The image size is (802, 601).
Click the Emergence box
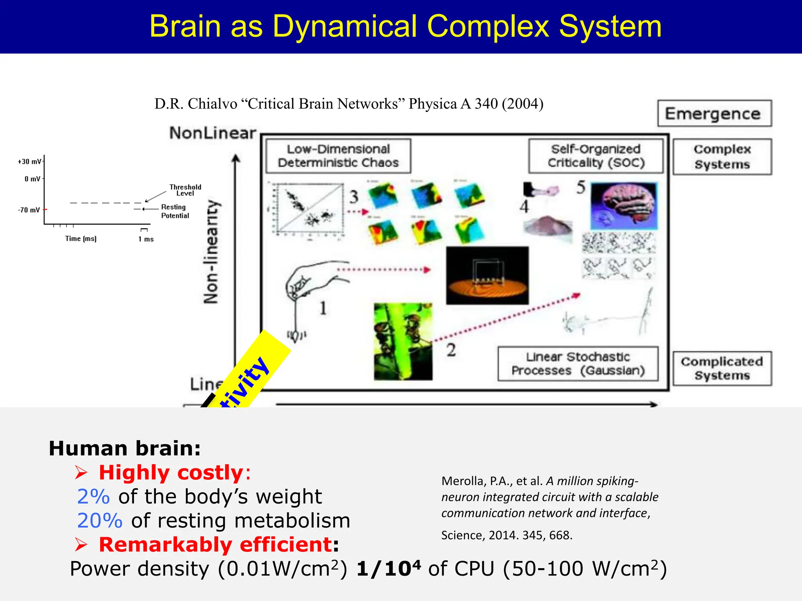[714, 113]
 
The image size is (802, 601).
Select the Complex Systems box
[722, 157]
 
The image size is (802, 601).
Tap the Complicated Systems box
[722, 368]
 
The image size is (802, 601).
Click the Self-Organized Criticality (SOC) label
[596, 156]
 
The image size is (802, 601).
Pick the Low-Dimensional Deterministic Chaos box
[338, 156]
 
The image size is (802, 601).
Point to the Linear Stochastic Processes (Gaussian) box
[578, 363]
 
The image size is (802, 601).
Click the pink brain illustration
[624, 205]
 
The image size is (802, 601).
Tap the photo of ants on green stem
[403, 341]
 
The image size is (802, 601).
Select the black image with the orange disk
[487, 275]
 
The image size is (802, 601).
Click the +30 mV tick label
[29, 162]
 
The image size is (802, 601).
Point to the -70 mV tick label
[29, 210]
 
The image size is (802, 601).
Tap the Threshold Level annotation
[185, 190]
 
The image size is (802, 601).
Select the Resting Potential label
[175, 211]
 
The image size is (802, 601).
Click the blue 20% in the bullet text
[99, 521]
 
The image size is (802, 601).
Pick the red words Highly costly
[171, 473]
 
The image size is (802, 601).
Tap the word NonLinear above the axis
[213, 133]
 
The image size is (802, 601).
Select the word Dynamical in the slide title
[345, 27]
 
